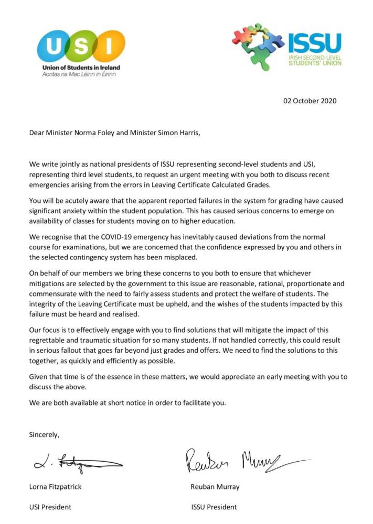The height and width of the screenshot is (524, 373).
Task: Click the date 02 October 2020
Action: coord(311,100)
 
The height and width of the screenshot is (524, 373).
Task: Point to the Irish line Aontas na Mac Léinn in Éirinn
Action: coord(79,74)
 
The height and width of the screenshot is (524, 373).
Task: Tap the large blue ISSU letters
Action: coord(314,42)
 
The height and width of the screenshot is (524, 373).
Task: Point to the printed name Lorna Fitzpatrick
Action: coord(55,487)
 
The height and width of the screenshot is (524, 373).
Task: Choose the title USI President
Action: coord(50,507)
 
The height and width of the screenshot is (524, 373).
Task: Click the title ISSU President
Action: coord(214,507)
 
